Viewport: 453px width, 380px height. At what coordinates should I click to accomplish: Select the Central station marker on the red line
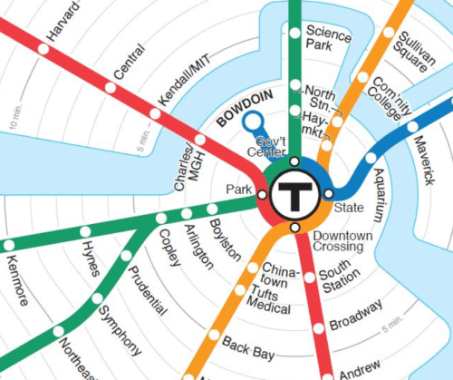111,88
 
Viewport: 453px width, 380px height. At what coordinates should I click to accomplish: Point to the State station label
349,208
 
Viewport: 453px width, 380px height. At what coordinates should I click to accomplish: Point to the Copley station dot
161,218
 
